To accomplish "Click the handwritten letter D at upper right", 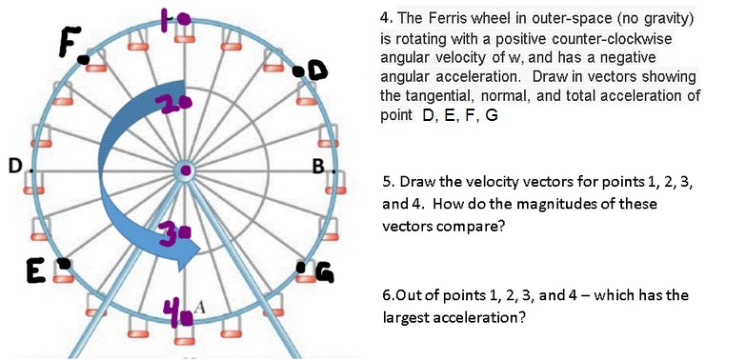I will coord(316,70).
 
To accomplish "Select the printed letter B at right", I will coord(319,170).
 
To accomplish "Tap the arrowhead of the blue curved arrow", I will coord(190,250).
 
